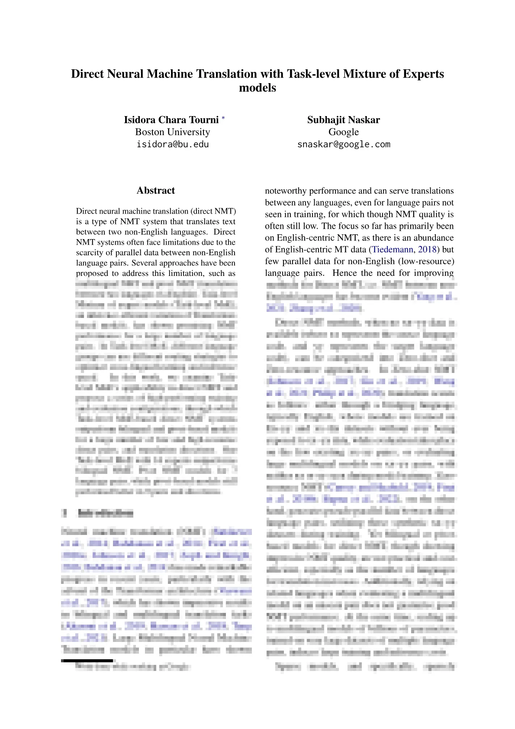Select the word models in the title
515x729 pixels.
[257, 87]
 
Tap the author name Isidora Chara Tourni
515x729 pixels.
[171, 120]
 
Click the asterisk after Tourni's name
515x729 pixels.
[223, 118]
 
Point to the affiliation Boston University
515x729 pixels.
[173, 132]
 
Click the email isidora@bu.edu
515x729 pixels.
[173, 144]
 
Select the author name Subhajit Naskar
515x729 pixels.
[344, 120]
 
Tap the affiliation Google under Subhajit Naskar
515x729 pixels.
[344, 132]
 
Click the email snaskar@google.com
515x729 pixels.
[344, 144]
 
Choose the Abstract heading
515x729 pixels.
[156, 191]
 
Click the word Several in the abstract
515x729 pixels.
[146, 263]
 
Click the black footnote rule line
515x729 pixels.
[87, 661]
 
